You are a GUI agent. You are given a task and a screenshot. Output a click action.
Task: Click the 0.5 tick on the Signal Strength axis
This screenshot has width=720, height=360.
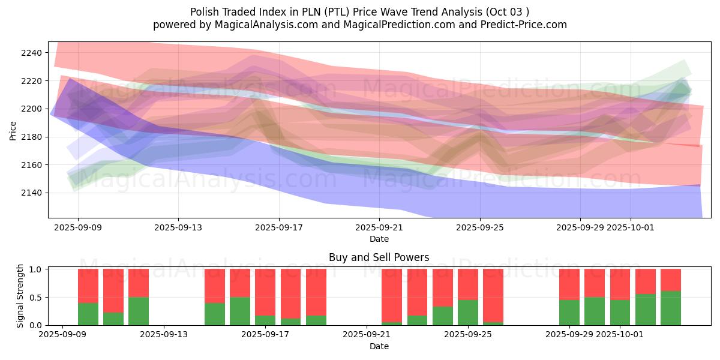[35, 297]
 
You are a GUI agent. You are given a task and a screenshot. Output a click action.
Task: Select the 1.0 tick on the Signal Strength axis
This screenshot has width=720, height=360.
[35, 269]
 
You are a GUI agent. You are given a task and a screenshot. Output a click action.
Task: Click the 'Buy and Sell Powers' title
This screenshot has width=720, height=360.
[379, 257]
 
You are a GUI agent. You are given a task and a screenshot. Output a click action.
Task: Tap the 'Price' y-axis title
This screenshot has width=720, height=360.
[13, 130]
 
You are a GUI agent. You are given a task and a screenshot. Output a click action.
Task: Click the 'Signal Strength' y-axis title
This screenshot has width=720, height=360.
[20, 296]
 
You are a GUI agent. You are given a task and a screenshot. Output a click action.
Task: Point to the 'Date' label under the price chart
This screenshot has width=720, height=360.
[379, 239]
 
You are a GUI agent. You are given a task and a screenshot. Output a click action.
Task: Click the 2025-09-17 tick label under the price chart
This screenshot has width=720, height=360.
[278, 227]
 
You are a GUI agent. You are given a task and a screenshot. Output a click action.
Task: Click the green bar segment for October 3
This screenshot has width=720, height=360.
[671, 308]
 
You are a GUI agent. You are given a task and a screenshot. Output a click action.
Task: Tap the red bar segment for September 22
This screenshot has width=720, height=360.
[392, 295]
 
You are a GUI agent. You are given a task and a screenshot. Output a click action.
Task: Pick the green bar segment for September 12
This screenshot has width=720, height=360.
[139, 311]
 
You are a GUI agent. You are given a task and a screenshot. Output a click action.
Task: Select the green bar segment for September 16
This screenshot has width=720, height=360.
[240, 311]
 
